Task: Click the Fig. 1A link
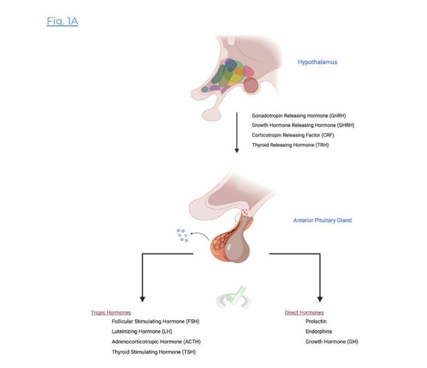(62, 22)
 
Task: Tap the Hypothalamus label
(317, 62)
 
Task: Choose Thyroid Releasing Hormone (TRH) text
(286, 145)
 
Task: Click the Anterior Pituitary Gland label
(322, 221)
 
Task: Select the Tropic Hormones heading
(111, 312)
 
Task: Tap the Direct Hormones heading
(304, 312)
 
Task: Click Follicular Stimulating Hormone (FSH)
(155, 321)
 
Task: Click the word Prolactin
(317, 321)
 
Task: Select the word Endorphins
(319, 331)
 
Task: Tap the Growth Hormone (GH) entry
(331, 341)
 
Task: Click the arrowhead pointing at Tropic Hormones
(142, 298)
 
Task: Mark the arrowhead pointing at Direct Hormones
(320, 298)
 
